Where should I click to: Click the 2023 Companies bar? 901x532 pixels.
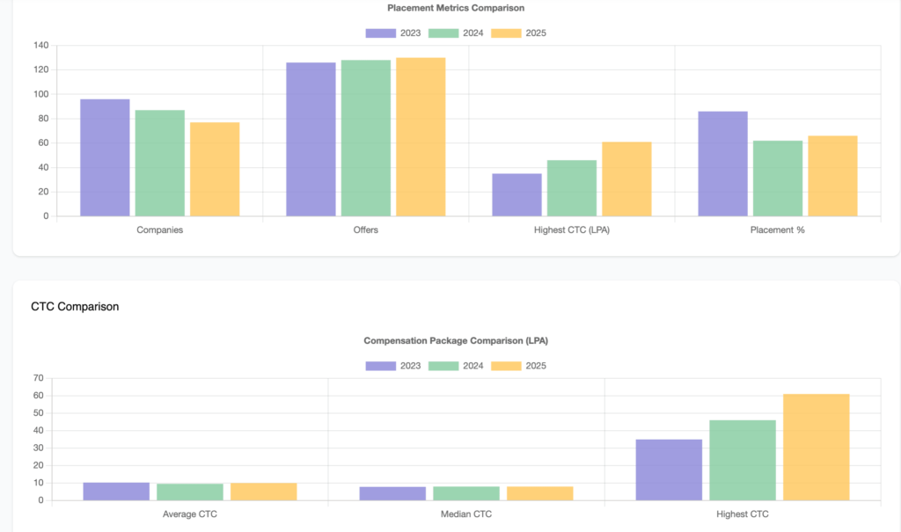pos(105,157)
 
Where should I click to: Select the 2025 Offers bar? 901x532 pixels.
pos(421,136)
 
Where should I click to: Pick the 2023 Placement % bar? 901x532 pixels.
pos(722,164)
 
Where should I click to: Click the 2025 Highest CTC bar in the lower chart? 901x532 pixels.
pos(816,448)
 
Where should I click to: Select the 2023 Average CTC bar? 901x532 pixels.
pos(116,492)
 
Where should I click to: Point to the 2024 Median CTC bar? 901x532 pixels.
pos(466,493)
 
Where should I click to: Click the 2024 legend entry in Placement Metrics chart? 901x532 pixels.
pos(456,33)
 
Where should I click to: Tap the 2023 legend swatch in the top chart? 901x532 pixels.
pos(380,33)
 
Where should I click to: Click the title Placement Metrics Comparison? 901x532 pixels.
pos(456,8)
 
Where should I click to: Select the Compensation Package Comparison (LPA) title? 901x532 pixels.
pos(456,340)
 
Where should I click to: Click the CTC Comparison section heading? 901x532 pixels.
pos(75,307)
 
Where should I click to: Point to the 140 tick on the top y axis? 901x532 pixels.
pos(40,46)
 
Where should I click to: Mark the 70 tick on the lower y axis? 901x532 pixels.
pos(38,378)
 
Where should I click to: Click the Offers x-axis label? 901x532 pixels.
pos(365,230)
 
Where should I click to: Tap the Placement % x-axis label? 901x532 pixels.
pos(778,230)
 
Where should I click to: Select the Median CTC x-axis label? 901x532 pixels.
pos(466,514)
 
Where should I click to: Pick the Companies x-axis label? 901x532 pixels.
pos(159,230)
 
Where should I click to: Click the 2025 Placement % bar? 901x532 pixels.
pos(832,176)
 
